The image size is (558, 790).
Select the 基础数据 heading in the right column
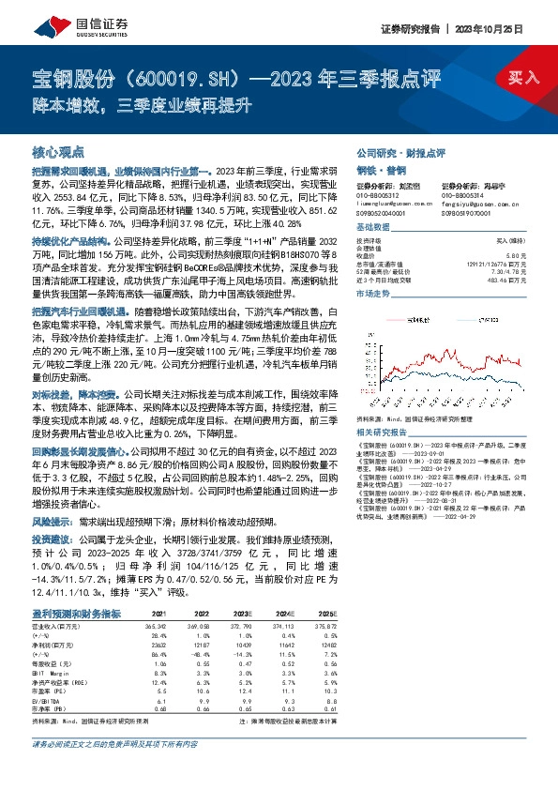click(x=373, y=229)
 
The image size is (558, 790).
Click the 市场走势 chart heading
click(x=373, y=294)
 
